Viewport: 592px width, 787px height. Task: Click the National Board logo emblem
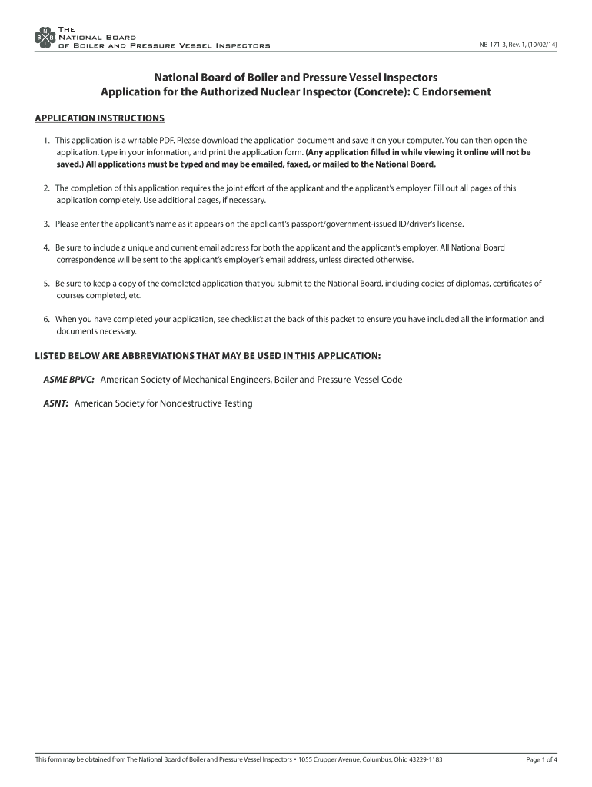pos(45,37)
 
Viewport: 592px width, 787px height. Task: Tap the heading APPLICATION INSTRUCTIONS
pos(100,118)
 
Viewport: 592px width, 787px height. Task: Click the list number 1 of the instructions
pos(46,141)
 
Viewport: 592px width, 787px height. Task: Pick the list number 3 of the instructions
pos(46,224)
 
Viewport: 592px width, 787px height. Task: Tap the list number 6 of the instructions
pos(46,319)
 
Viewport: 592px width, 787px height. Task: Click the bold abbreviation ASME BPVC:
pos(68,380)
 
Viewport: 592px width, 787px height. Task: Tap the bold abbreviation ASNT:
pos(55,403)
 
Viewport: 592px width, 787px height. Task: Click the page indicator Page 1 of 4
pos(541,760)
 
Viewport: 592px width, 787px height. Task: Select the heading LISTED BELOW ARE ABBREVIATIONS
pos(208,356)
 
